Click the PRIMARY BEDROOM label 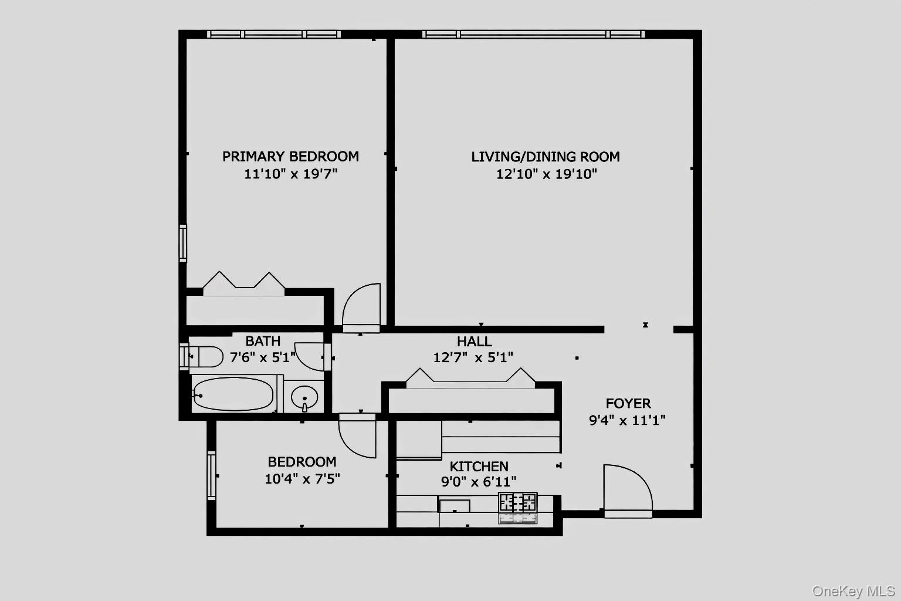pos(290,157)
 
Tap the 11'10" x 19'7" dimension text pos(290,174)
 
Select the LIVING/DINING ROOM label pos(546,157)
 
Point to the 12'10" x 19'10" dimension pos(546,174)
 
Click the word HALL pos(474,342)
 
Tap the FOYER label pos(628,403)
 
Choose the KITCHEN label pos(479,467)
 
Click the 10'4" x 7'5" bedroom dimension pos(302,479)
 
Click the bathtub pos(233,394)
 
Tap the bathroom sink pos(304,397)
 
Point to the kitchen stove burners pos(517,502)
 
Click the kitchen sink pos(455,505)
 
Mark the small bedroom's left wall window pos(211,475)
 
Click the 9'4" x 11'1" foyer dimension pos(627,420)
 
